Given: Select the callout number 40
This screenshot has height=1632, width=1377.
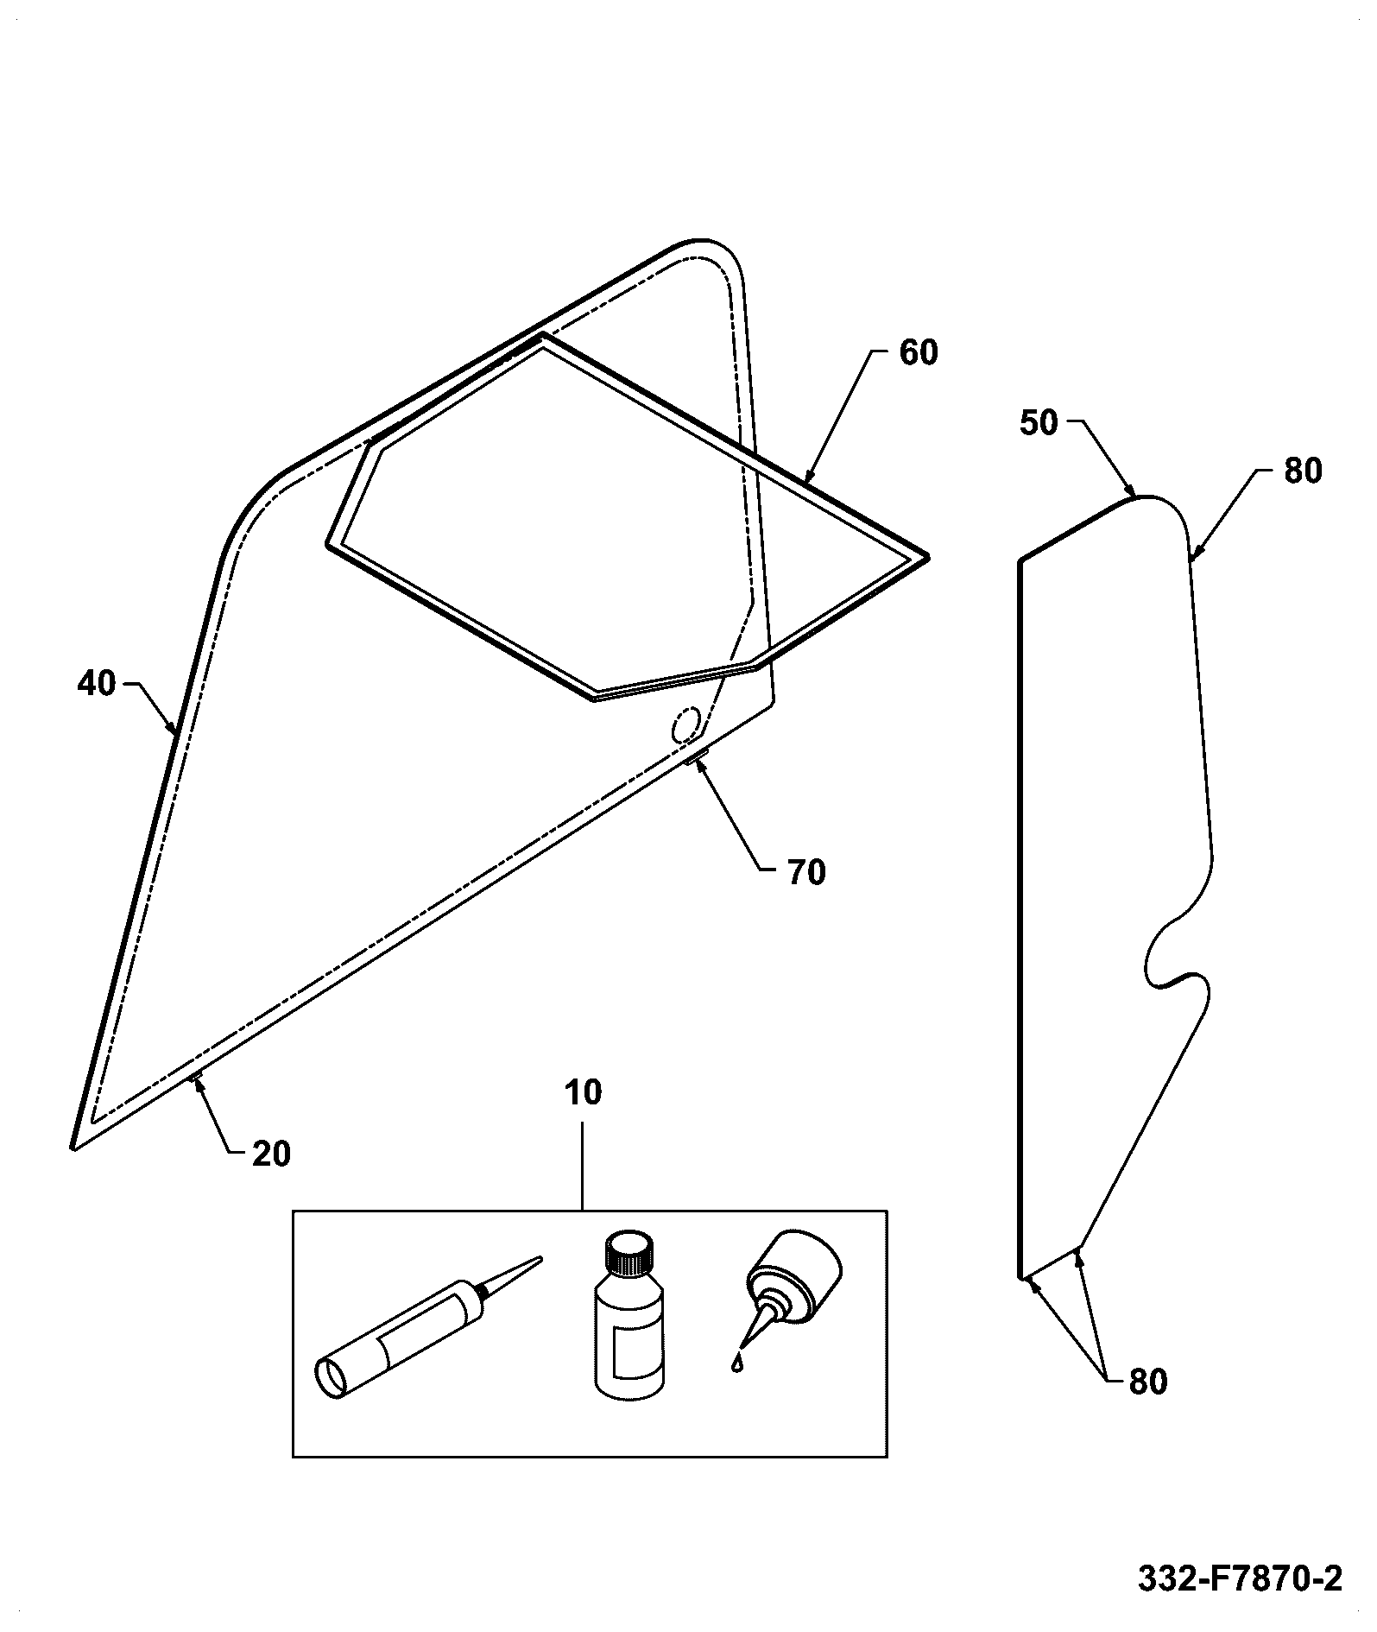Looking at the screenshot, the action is coord(96,684).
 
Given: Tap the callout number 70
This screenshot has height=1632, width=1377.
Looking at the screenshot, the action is coord(806,872).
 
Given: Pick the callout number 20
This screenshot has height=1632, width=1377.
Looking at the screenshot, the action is coord(271,1154).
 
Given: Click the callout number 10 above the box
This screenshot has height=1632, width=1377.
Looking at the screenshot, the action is coord(583,1092).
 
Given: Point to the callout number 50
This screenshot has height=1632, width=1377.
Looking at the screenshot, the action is coord(1039,423).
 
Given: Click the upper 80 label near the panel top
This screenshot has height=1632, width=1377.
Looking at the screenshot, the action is coord(1303,471).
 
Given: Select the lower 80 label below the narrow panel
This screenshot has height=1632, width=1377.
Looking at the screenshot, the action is coord(1148,1382).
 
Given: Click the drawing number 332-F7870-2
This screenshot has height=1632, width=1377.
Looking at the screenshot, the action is coord(1241,1578).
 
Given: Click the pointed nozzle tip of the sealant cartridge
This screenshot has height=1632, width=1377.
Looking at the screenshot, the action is coord(540,1259).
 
